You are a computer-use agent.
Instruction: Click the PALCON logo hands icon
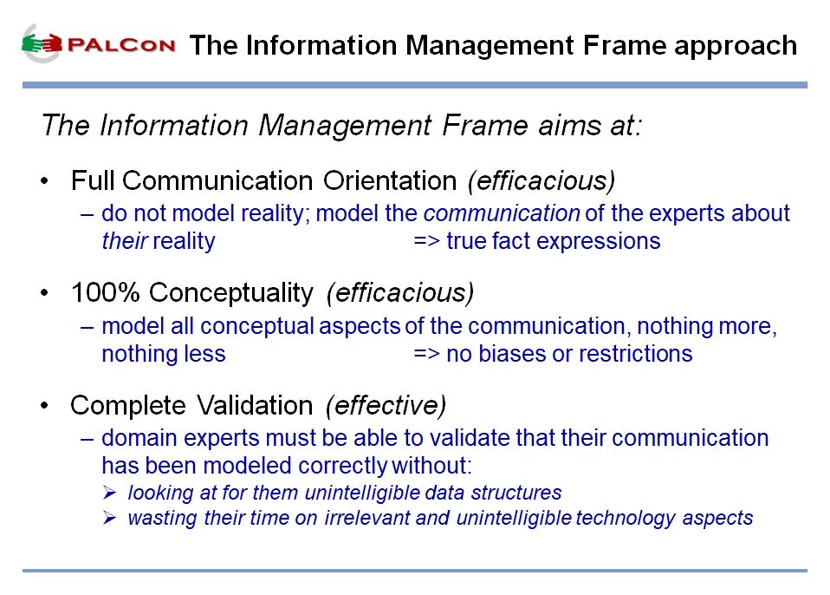coord(42,43)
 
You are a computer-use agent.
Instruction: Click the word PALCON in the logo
coord(121,45)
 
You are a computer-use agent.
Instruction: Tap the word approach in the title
coord(736,46)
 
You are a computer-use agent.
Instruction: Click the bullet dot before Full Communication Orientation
coord(44,181)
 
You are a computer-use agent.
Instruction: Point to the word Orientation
coord(390,180)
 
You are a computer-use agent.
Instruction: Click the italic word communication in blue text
coord(502,213)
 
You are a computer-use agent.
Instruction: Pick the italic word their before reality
coord(125,241)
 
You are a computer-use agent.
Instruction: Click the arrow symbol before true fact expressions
coord(426,242)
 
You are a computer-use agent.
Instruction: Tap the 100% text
coord(105,292)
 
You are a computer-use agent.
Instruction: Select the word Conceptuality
coord(230,293)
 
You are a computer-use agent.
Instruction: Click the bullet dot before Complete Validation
coord(44,406)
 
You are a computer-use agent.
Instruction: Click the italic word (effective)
coord(386,406)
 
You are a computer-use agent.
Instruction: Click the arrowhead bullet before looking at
coord(109,494)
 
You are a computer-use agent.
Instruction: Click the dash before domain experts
coord(88,439)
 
